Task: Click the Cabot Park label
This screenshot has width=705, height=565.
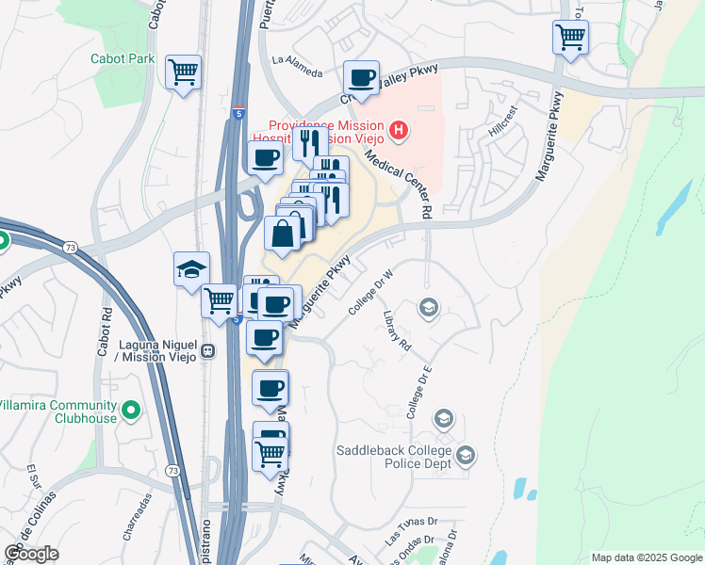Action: pos(122,58)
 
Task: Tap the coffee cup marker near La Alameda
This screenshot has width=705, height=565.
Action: pos(361,77)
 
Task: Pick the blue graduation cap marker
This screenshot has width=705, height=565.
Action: pos(191,268)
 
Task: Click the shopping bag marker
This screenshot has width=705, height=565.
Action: pos(283,234)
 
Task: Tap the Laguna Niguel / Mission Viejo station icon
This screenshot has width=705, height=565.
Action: pos(207,351)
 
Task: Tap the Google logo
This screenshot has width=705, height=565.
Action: pos(32,554)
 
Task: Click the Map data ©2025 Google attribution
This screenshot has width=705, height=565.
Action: pos(646,557)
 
